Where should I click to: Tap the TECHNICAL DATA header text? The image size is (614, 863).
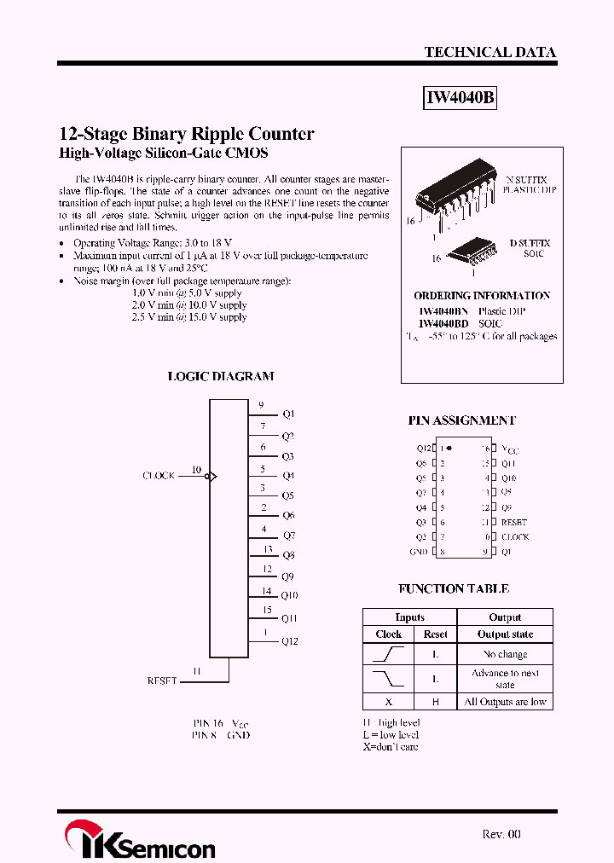[x=489, y=52]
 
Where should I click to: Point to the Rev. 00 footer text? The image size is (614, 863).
[x=501, y=834]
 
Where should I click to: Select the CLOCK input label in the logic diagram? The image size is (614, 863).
[x=159, y=475]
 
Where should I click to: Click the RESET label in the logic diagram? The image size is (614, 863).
[x=162, y=681]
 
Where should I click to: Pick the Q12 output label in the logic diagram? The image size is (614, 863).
[x=290, y=641]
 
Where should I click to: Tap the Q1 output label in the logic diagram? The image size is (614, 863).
[x=288, y=414]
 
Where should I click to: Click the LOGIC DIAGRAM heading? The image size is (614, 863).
[x=220, y=376]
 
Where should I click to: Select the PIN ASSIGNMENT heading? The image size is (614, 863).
[x=461, y=420]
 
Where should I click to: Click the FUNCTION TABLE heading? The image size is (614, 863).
[x=454, y=588]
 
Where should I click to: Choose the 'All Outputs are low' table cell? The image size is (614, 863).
[x=505, y=702]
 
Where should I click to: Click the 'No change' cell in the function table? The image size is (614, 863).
[x=505, y=654]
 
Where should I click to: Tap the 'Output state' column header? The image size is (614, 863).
[x=505, y=634]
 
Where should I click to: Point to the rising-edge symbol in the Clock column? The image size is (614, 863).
[x=389, y=654]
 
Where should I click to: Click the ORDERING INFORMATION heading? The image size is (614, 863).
[x=482, y=295]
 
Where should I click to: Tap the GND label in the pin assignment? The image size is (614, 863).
[x=419, y=552]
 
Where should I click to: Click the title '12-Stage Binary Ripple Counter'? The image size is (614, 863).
[x=187, y=134]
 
